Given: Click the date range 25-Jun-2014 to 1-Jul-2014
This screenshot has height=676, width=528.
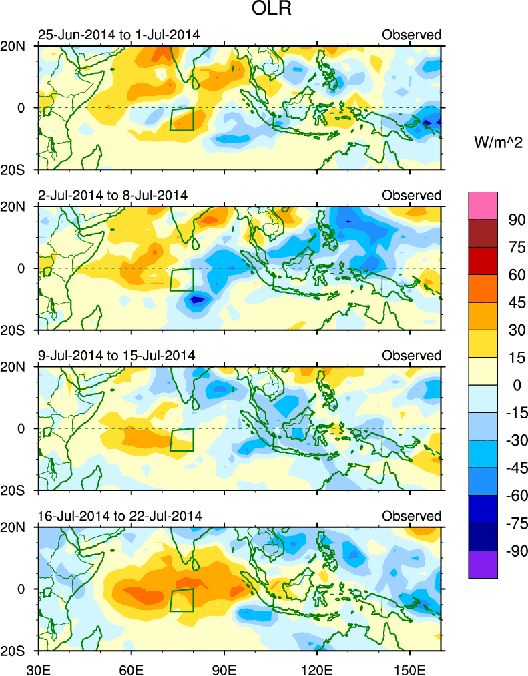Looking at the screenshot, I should click(x=119, y=35).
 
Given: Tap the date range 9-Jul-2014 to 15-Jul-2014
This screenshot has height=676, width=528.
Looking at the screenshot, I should click(x=116, y=355).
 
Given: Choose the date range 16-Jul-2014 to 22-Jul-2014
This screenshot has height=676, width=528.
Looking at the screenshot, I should click(x=119, y=516).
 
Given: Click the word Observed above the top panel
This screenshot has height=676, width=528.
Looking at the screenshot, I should click(x=411, y=35).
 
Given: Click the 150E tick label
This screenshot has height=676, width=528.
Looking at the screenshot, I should click(x=409, y=667).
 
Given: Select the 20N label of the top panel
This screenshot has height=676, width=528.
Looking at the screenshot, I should click(x=17, y=46).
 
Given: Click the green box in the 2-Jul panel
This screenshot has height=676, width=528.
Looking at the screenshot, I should click(x=182, y=280).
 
